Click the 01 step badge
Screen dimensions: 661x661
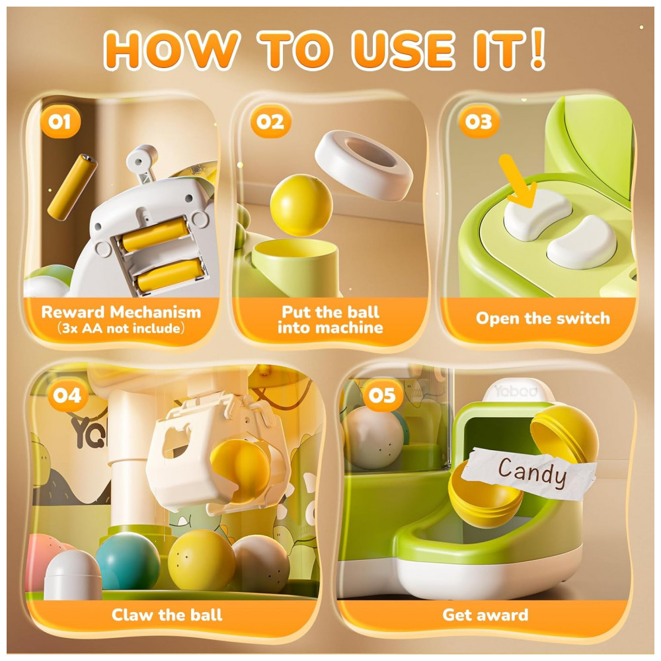tap(60, 123)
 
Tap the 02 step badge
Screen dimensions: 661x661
tap(270, 122)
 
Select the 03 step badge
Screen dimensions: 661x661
tap(479, 122)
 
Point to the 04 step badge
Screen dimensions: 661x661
tap(67, 396)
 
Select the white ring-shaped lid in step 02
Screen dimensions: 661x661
tap(364, 165)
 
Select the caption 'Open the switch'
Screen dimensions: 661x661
tap(543, 318)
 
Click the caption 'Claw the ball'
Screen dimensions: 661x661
tap(167, 615)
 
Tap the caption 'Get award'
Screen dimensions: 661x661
tap(485, 615)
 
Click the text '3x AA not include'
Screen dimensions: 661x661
tap(120, 328)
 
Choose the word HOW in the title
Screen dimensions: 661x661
tap(172, 49)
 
